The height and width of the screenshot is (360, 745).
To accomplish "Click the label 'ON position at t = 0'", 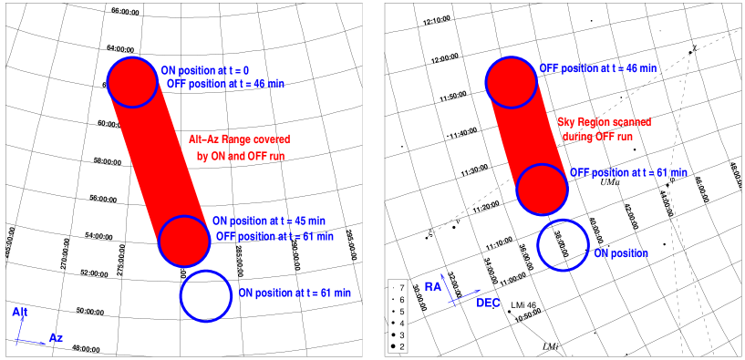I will pos(205,69).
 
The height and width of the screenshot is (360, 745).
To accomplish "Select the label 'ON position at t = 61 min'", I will pos(295,293).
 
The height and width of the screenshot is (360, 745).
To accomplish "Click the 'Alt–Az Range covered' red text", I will pos(239,139).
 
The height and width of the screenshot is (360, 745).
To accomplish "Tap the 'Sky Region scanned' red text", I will pos(604,121).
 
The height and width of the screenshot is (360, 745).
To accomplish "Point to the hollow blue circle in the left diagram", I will pos(206,295).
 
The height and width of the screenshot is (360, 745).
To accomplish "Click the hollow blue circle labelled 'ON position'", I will pos(563,244).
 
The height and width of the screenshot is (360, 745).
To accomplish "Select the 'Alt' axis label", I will pos(20,313).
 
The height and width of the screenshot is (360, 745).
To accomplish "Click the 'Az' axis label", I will pos(56,338).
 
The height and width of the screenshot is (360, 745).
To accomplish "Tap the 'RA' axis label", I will pos(433,287).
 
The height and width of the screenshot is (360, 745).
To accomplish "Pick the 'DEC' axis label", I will pos(488,303).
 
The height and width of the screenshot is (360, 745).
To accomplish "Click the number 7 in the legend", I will pos(401,287).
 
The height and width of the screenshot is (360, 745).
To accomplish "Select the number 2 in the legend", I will pos(401,347).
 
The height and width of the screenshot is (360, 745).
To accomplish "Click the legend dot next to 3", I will pos(392,335).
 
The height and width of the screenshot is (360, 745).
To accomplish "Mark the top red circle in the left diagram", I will pos(133,81).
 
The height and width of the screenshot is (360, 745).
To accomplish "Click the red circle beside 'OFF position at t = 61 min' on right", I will pos(543,189).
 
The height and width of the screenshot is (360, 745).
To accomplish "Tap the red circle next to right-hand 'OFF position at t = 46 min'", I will pos(512,81).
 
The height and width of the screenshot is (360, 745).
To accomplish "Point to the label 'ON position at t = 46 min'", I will pos(269,221).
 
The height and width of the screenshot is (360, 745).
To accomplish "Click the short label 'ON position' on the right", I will pos(621,252).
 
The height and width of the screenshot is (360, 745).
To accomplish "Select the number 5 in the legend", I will pos(401,312).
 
